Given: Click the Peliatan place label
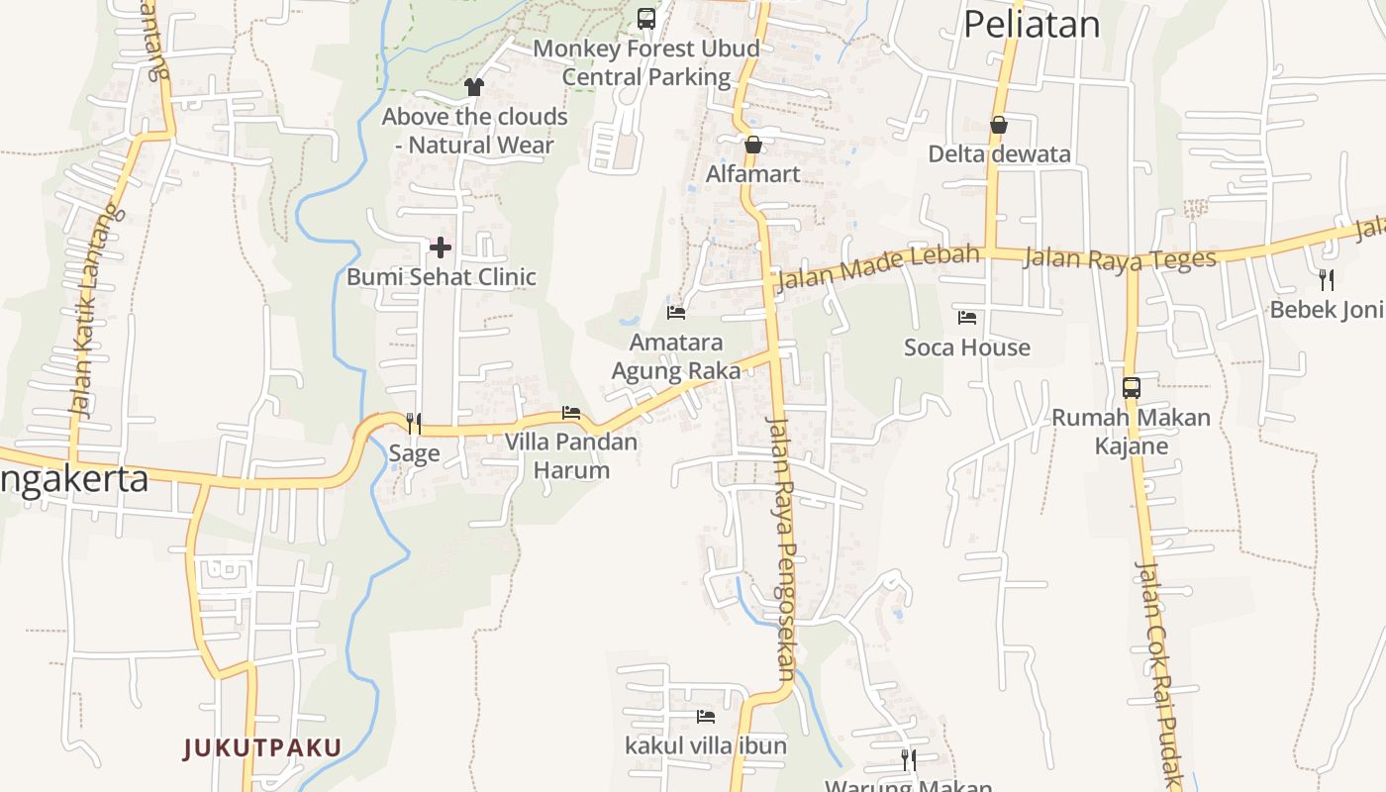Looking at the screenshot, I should click(1032, 24).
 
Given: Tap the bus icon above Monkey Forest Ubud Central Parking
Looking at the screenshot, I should click(646, 18).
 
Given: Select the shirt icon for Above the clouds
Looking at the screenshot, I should click(474, 87).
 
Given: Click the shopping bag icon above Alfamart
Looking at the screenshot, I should click(753, 145).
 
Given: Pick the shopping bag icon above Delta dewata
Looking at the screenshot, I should click(999, 125).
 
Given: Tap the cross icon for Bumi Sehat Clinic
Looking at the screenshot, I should click(441, 247).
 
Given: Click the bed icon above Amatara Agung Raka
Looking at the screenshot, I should click(676, 313).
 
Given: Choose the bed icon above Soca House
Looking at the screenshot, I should click(967, 318).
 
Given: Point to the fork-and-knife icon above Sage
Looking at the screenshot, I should click(414, 424).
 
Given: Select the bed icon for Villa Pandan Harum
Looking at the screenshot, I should click(571, 413).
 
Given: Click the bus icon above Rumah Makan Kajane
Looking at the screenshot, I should click(1132, 388).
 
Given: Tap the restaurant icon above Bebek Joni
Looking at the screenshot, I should click(1327, 280).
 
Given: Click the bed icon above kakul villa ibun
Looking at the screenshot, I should click(706, 716).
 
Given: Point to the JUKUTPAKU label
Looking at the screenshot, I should click(262, 748).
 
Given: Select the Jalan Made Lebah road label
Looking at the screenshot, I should click(878, 266).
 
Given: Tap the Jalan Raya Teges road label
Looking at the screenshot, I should click(1120, 259).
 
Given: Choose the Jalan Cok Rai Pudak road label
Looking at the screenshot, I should click(1159, 673).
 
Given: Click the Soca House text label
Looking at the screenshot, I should click(967, 347).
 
